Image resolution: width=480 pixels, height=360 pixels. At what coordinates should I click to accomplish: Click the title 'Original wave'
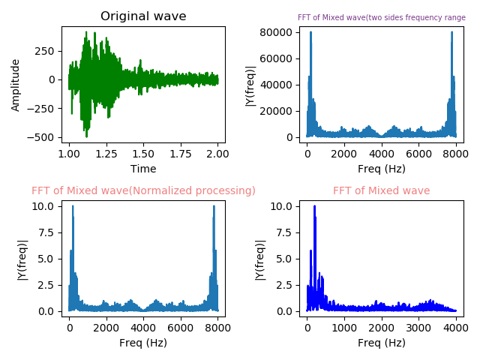click(143, 16)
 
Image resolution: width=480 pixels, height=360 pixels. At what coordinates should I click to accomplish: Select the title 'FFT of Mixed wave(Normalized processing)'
click(143, 190)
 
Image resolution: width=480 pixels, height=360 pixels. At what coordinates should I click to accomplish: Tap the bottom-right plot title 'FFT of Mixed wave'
click(382, 190)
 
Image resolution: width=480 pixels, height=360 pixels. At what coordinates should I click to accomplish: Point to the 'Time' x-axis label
click(143, 169)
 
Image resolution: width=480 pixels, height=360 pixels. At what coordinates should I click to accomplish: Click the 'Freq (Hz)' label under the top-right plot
click(382, 169)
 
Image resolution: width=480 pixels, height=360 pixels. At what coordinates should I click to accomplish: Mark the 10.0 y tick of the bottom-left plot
click(42, 206)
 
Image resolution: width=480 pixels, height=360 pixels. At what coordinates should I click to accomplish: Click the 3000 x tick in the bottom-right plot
click(418, 325)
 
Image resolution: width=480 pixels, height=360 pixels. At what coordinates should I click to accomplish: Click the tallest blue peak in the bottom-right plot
click(314, 206)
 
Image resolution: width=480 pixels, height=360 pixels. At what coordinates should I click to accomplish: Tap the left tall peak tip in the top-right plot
click(310, 32)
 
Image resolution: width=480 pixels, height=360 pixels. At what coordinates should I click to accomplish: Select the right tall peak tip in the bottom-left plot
click(214, 206)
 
